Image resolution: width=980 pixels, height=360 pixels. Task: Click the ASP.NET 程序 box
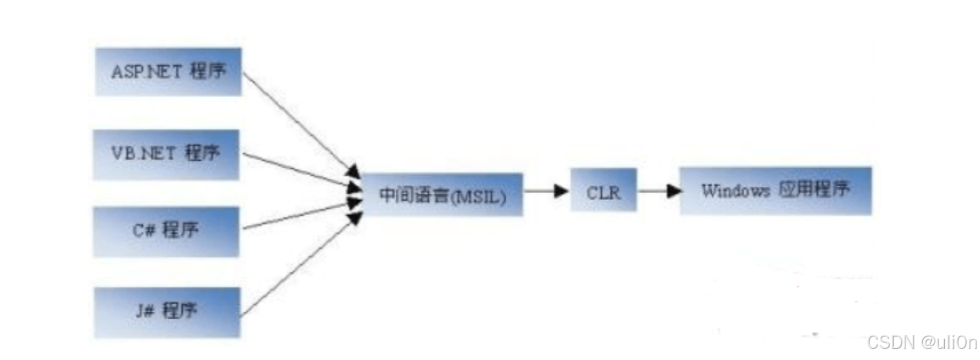click(168, 72)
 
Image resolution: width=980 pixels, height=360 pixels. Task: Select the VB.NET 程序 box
click(168, 154)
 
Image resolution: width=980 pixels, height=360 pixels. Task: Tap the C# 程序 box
click(168, 232)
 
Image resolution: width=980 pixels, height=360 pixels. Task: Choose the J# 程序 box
click(168, 312)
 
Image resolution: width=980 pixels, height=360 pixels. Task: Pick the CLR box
click(603, 192)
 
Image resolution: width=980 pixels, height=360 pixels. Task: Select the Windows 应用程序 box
click(775, 191)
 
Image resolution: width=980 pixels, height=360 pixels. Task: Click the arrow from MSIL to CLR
click(545, 191)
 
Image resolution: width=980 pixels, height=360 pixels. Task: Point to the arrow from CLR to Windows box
click(658, 191)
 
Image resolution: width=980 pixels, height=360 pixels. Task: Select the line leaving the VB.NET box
click(297, 169)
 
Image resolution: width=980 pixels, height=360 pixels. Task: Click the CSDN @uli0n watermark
click(921, 343)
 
